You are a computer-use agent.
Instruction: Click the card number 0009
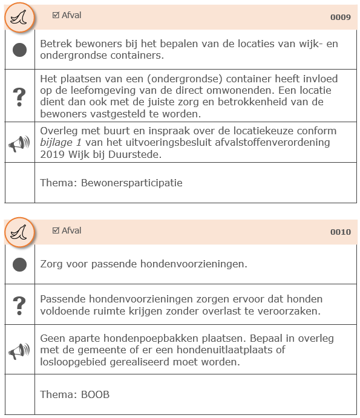[x=340, y=18]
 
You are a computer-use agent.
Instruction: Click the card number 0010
[x=340, y=232]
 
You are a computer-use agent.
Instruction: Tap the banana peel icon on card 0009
[x=19, y=19]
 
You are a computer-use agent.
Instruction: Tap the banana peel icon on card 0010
[x=19, y=233]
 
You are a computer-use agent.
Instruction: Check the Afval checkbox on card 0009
[x=56, y=15]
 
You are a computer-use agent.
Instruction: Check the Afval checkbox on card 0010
[x=56, y=230]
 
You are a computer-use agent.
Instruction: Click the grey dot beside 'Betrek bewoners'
[x=20, y=50]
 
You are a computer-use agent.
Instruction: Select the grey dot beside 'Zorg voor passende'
[x=20, y=264]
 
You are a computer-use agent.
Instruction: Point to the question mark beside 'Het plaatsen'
[x=20, y=96]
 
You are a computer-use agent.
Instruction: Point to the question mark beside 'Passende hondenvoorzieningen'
[x=20, y=304]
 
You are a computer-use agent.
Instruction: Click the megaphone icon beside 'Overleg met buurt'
[x=19, y=143]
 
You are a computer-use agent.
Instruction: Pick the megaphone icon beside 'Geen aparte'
[x=19, y=350]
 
